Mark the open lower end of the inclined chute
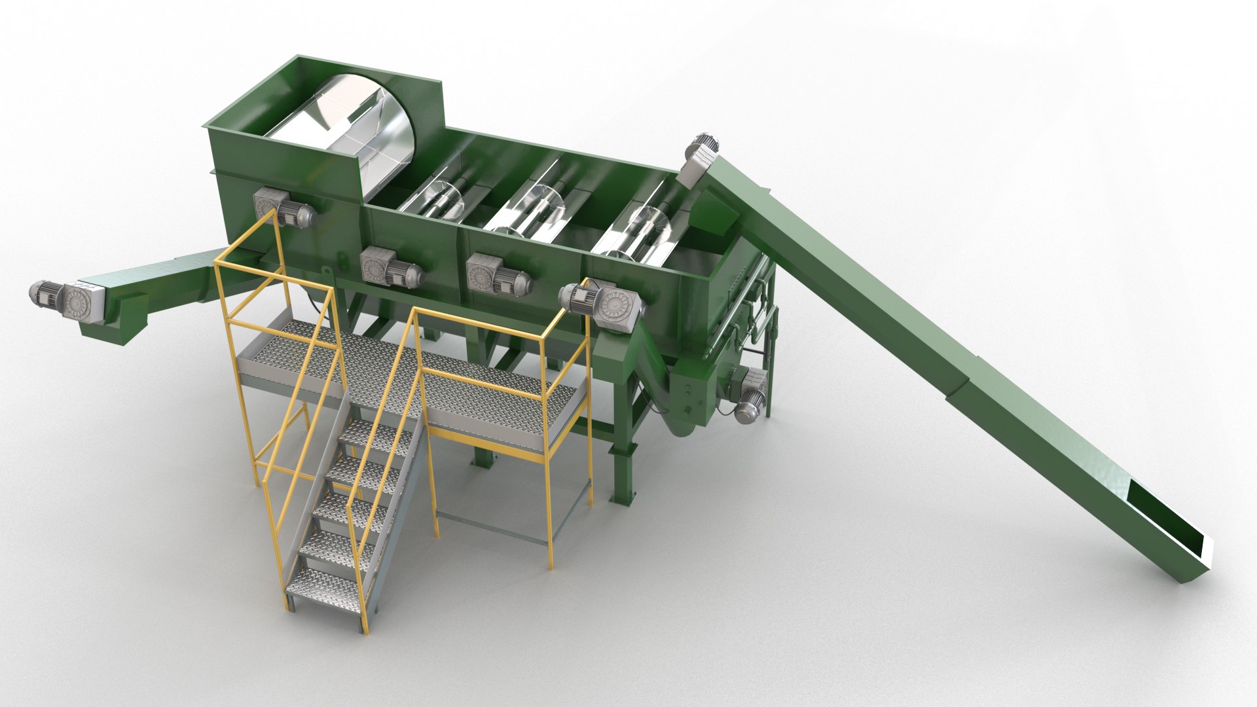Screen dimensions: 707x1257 (1172, 524)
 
